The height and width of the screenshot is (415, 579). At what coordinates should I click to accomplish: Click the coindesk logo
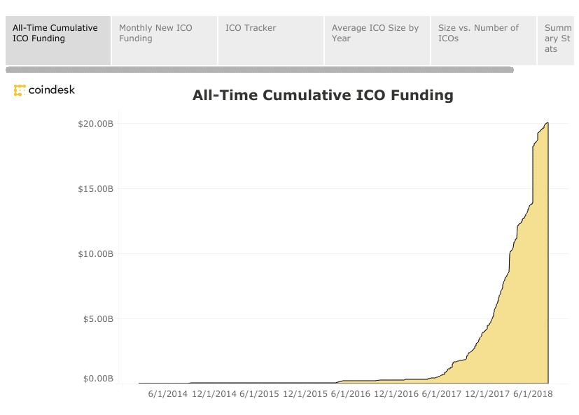click(x=44, y=90)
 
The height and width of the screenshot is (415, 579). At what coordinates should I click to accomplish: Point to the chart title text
click(x=323, y=95)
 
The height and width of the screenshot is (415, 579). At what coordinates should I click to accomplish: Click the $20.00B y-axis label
click(x=97, y=124)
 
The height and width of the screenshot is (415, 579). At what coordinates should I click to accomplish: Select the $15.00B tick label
click(x=97, y=189)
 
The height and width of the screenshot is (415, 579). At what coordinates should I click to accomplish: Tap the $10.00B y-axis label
click(x=97, y=254)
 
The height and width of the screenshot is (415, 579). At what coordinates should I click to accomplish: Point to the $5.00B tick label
click(x=99, y=319)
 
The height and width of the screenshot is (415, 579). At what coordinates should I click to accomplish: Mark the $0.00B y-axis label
click(x=99, y=379)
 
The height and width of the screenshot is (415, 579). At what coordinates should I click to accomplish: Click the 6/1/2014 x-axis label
click(x=168, y=394)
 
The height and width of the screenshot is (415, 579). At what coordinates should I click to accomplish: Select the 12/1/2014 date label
click(x=214, y=394)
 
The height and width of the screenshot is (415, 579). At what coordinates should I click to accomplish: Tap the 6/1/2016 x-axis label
click(x=351, y=394)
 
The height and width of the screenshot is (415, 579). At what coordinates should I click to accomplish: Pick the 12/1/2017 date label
click(x=488, y=394)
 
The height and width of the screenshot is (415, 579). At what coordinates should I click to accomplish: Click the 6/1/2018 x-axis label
click(x=533, y=394)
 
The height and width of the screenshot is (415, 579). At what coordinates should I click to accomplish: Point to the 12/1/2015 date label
click(x=305, y=394)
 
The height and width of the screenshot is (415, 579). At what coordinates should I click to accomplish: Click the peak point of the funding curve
click(x=547, y=123)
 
